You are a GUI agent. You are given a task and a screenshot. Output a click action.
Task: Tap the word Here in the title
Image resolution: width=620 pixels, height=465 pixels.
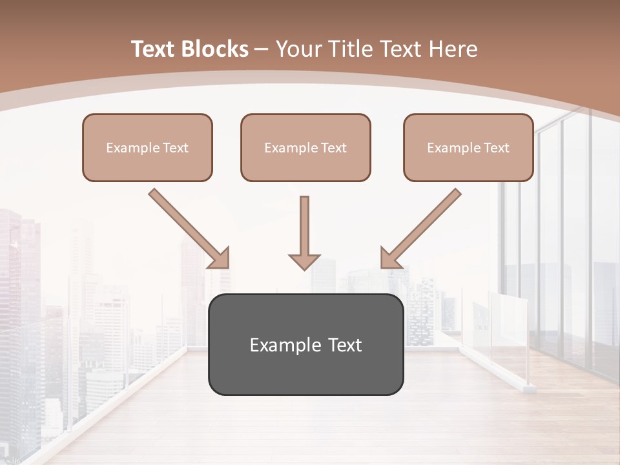pyautogui.click(x=453, y=49)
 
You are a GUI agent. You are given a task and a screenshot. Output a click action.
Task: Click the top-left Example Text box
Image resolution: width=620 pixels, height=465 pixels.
pyautogui.click(x=147, y=147)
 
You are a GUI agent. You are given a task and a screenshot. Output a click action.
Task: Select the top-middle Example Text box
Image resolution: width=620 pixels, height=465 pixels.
pyautogui.click(x=305, y=147)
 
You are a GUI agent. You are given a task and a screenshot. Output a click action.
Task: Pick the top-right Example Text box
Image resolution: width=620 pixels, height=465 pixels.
pyautogui.click(x=468, y=147)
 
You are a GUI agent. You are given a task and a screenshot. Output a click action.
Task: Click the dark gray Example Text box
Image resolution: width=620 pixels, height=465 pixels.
pyautogui.click(x=305, y=344)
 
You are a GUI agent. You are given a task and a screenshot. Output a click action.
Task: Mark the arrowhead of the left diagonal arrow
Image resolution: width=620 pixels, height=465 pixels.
pyautogui.click(x=220, y=258)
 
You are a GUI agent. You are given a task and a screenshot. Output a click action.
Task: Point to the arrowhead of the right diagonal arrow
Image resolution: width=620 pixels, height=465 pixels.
pyautogui.click(x=390, y=258)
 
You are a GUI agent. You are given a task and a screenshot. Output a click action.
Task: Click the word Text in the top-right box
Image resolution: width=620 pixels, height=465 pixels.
pyautogui.click(x=497, y=148)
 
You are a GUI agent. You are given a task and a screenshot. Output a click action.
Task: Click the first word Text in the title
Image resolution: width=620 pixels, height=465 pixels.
pyautogui.click(x=154, y=49)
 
